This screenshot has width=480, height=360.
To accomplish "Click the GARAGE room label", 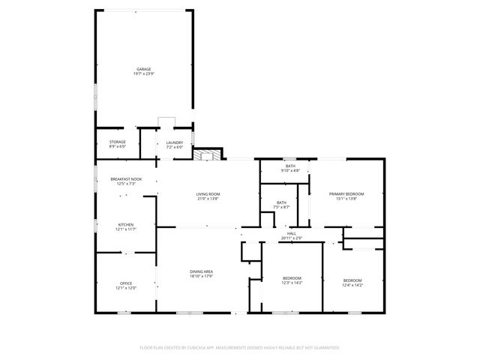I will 143,69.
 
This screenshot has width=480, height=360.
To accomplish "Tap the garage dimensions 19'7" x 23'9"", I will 143,73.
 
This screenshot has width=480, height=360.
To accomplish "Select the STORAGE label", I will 118,142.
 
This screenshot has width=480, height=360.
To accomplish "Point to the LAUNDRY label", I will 175,142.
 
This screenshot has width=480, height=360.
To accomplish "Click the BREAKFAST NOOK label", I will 126,179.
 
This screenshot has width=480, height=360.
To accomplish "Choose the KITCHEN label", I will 125,224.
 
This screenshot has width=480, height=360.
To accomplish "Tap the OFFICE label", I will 125,283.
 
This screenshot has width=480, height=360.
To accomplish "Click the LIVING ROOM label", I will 208,194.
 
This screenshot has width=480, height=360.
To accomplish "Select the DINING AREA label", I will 201,271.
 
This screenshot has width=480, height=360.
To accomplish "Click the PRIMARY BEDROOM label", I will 346,194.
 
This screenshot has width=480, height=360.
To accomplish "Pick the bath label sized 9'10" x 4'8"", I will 290,166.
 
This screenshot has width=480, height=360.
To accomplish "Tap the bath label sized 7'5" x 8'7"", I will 281,202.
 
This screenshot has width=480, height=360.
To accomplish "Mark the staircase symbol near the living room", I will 205,155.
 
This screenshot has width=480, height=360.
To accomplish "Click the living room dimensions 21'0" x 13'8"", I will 208,199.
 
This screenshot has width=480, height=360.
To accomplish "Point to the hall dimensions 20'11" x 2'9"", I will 292,238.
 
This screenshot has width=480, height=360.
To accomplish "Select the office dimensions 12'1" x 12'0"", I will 125,287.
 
